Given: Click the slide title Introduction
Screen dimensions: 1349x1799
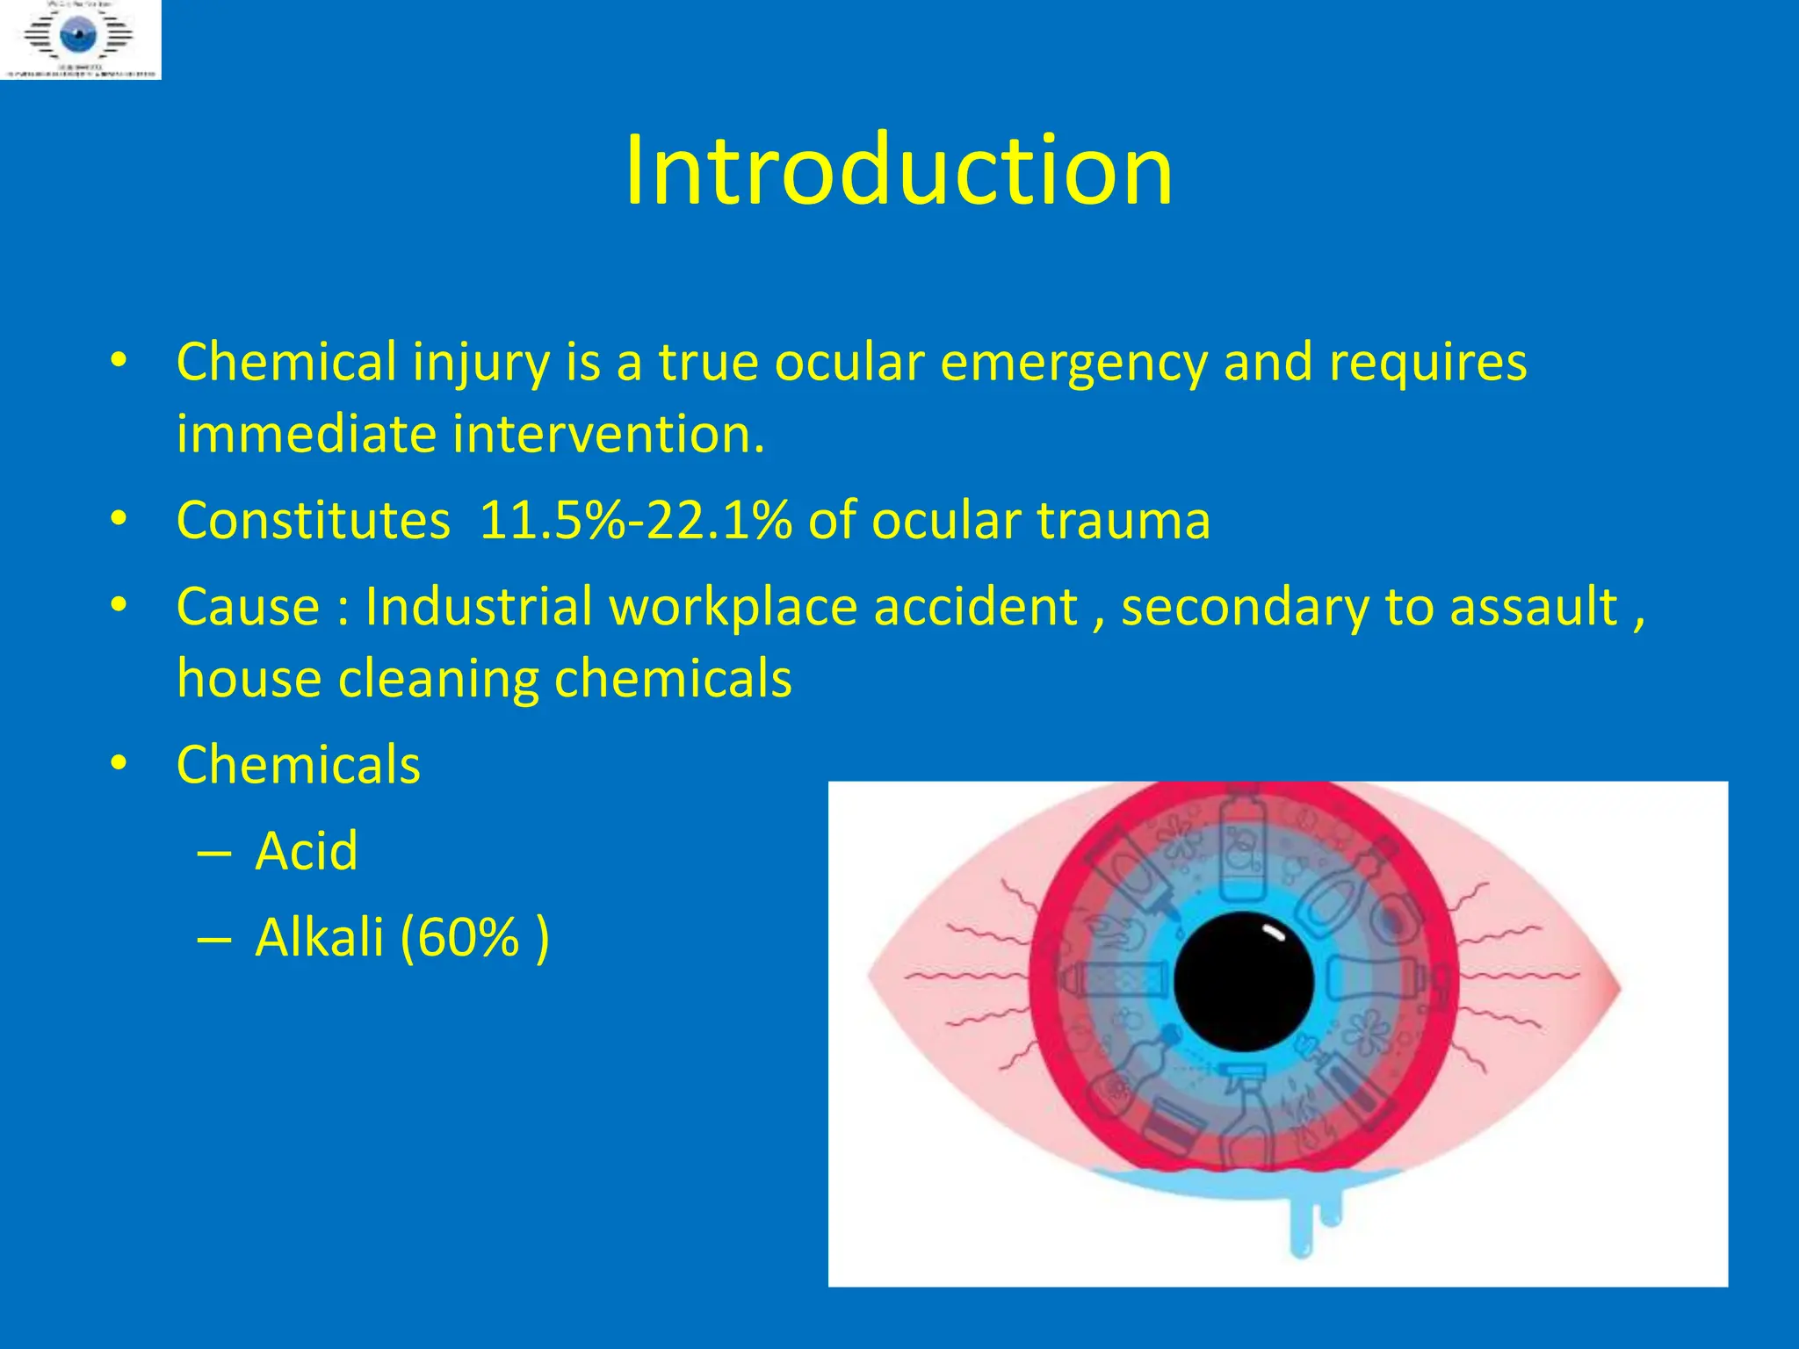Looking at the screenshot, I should click(x=898, y=170).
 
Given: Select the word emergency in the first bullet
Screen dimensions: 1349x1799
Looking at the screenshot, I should click(x=1073, y=363).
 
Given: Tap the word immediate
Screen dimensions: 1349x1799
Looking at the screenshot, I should click(x=306, y=435).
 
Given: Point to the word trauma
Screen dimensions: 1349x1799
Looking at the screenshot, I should click(x=1123, y=520).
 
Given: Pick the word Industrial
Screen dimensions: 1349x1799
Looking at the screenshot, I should click(x=479, y=607).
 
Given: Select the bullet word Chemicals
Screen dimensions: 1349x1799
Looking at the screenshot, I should click(x=299, y=765).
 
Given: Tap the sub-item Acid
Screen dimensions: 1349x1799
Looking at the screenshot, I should click(x=307, y=851).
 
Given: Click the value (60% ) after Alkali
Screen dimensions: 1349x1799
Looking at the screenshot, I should click(x=474, y=938).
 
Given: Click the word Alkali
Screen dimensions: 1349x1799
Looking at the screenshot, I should click(x=320, y=938).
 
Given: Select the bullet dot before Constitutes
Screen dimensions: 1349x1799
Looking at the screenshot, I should click(x=119, y=519).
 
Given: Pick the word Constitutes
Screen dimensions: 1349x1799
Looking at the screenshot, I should click(x=314, y=520).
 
